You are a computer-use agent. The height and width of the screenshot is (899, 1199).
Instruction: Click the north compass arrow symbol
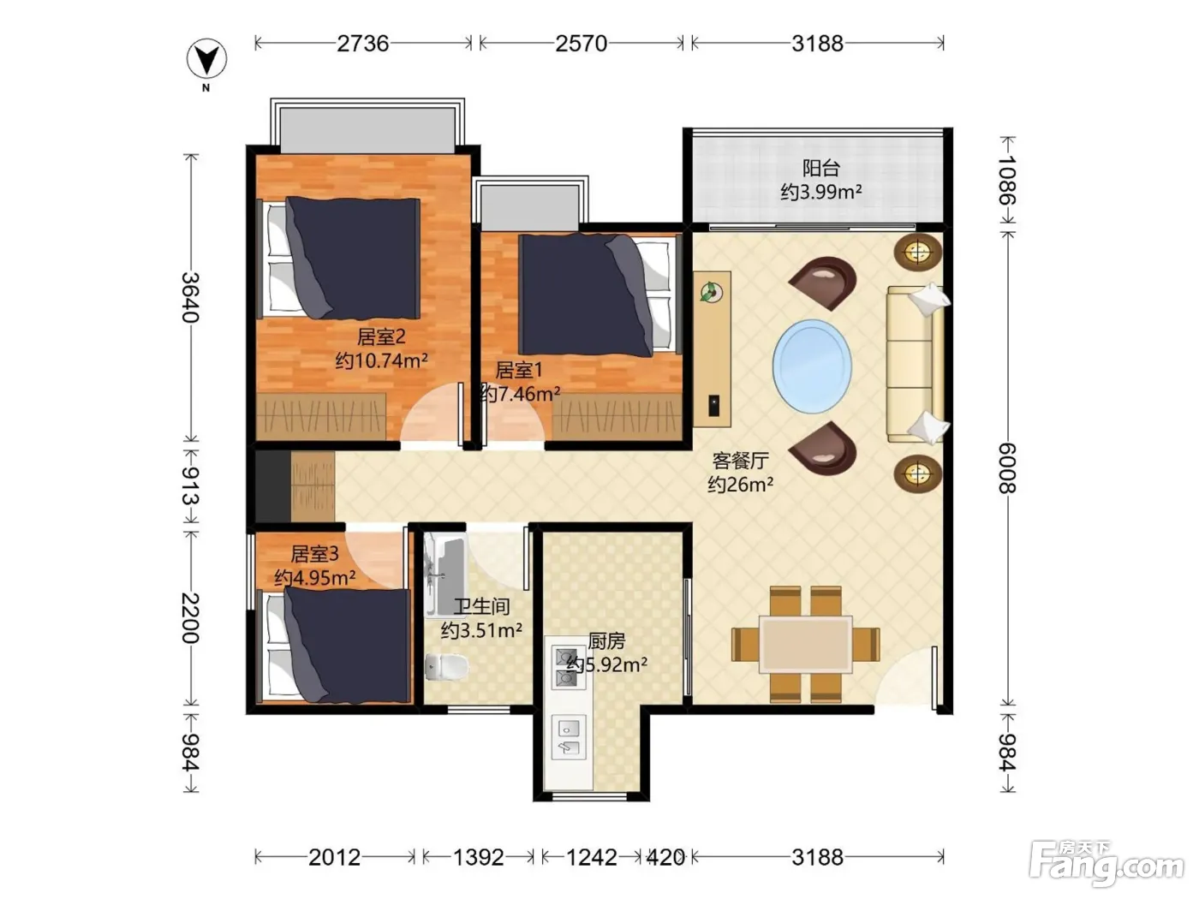pos(206,58)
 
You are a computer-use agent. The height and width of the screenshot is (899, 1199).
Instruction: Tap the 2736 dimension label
pos(363,43)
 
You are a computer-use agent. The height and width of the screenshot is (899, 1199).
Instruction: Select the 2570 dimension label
pos(582,43)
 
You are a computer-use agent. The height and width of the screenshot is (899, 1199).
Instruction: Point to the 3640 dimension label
pos(191,297)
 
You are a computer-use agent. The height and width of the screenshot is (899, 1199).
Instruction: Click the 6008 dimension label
pos(1008,467)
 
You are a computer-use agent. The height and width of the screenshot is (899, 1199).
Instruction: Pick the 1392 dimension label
pos(479,858)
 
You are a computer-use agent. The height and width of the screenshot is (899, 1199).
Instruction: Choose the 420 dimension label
pos(665,858)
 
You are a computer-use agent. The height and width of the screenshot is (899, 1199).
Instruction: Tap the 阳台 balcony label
pos(820,168)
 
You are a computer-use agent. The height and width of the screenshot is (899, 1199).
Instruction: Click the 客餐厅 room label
pos(740,461)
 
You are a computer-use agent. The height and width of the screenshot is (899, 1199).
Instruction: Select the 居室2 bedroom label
pos(381,336)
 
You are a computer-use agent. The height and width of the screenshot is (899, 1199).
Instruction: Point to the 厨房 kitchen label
pos(606,641)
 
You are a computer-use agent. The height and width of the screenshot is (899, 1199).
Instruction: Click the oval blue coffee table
pos(812,366)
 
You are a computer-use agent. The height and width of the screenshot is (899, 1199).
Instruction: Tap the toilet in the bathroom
pos(447,666)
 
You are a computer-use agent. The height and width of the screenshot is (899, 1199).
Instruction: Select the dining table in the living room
pos(806,644)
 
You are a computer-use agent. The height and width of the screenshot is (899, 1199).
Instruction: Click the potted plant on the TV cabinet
pos(711,292)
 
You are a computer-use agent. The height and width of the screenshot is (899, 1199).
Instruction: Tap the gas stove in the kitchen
pos(568,668)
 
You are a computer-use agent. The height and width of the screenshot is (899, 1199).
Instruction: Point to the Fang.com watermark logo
pos(1107,864)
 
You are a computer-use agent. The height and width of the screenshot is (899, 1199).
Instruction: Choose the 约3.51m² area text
pos(481,630)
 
